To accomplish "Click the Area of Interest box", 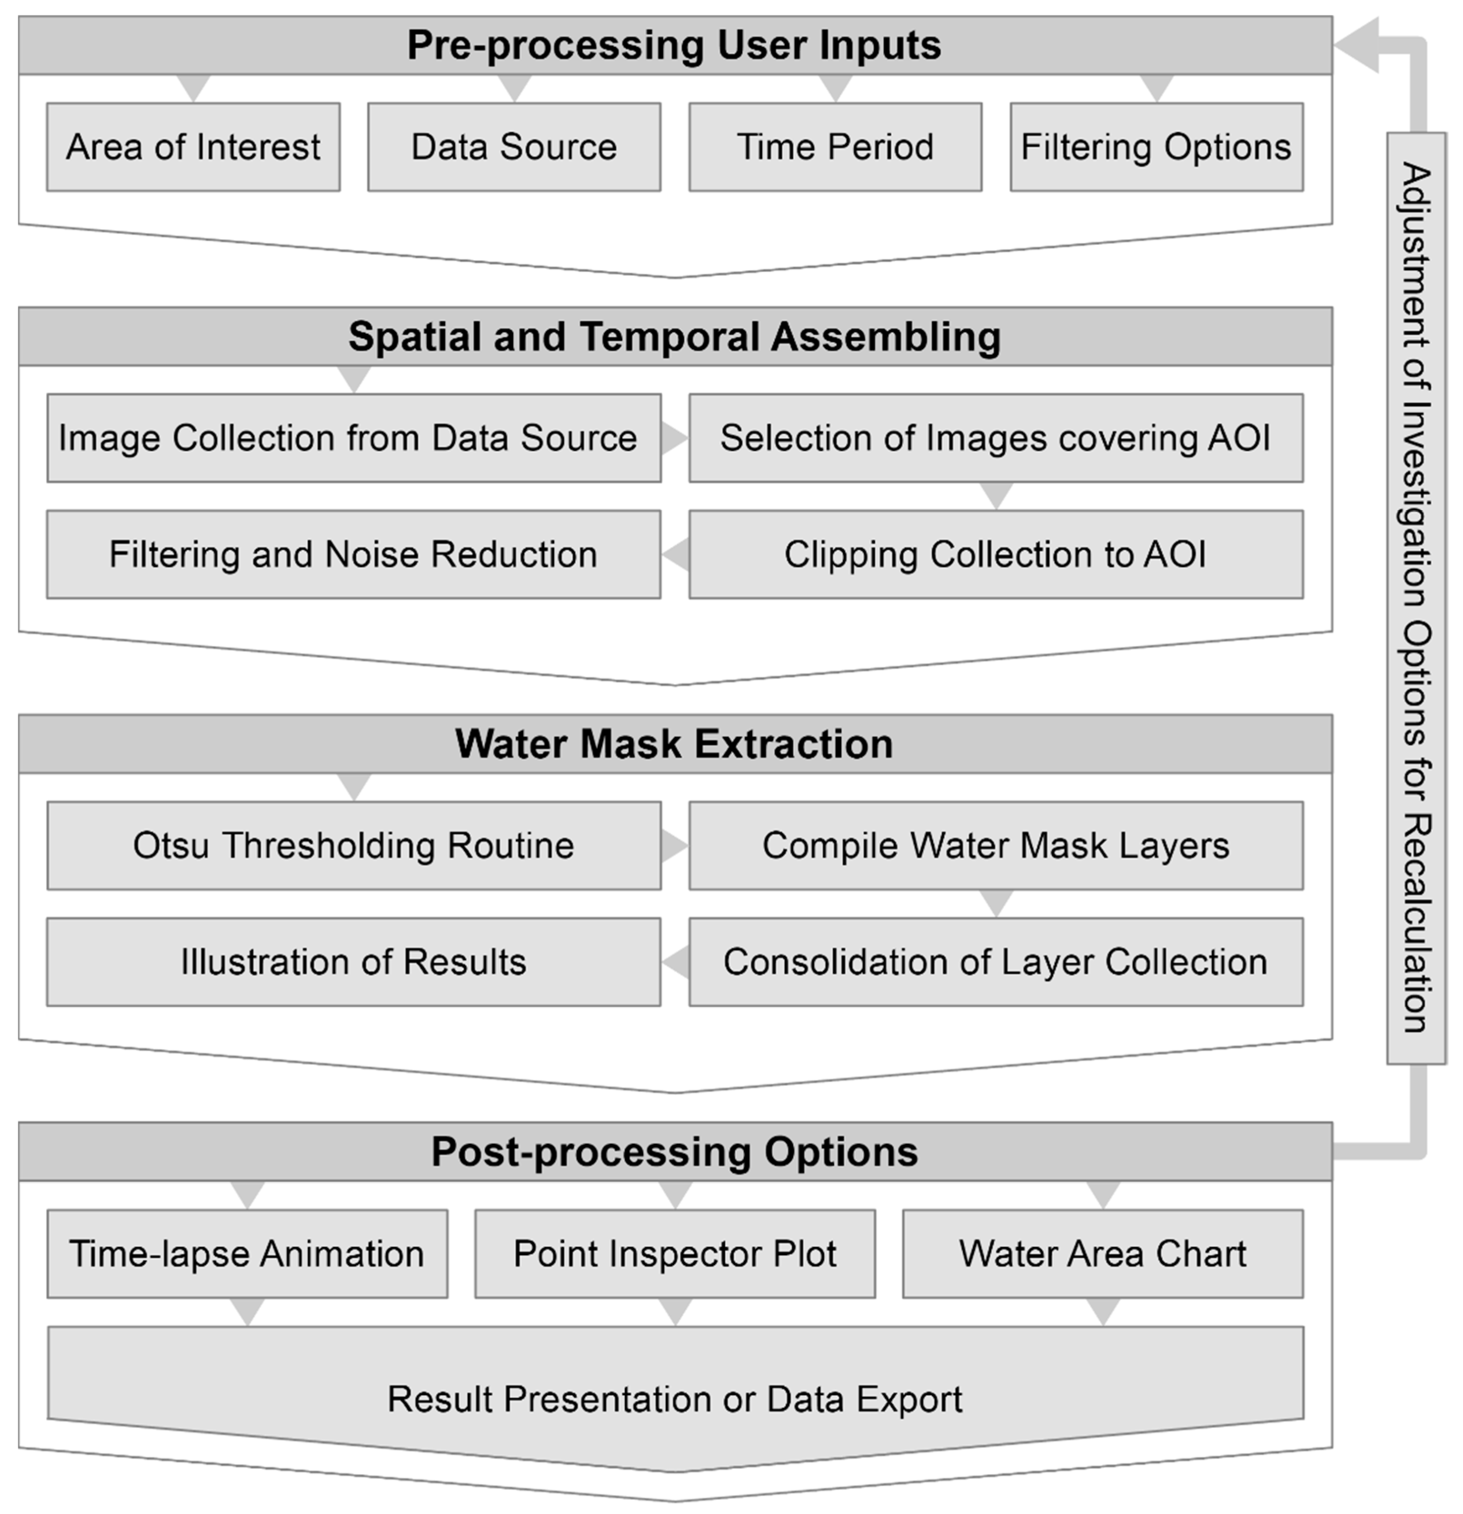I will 193,147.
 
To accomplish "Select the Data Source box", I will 514,147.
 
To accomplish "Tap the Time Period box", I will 835,147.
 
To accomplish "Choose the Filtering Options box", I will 1156,147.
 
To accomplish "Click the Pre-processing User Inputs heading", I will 674,45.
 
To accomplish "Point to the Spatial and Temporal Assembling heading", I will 674,337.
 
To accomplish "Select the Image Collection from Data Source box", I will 354,438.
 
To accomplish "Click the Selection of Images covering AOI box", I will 996,438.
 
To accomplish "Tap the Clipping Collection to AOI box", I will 996,554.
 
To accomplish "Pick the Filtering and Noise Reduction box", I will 354,554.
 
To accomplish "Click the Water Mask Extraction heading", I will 674,744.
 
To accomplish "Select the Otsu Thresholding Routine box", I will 354,845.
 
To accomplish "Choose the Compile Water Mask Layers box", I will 996,845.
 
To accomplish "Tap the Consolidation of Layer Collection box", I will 996,962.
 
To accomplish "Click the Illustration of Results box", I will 354,962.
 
